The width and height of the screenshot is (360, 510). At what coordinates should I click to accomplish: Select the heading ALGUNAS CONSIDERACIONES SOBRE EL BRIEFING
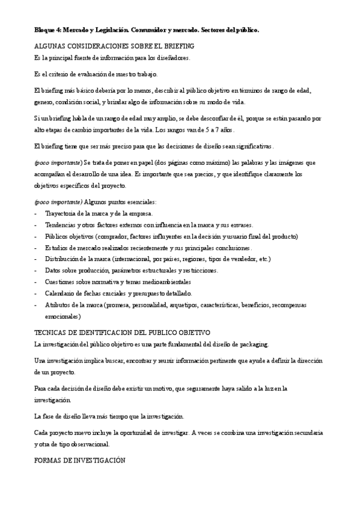114,46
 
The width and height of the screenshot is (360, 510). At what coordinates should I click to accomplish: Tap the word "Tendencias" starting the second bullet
62,224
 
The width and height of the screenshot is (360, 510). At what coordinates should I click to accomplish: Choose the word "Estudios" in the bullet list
57,247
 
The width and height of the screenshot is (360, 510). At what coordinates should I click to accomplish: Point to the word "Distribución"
64,259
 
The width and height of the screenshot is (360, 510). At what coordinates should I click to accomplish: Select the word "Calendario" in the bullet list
61,293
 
